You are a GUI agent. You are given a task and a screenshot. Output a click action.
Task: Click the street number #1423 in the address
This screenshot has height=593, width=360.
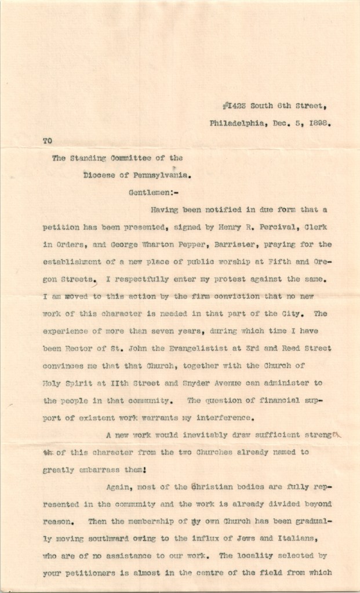[x=234, y=106]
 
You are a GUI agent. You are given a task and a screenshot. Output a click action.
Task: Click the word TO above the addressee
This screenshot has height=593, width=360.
[x=48, y=140]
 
